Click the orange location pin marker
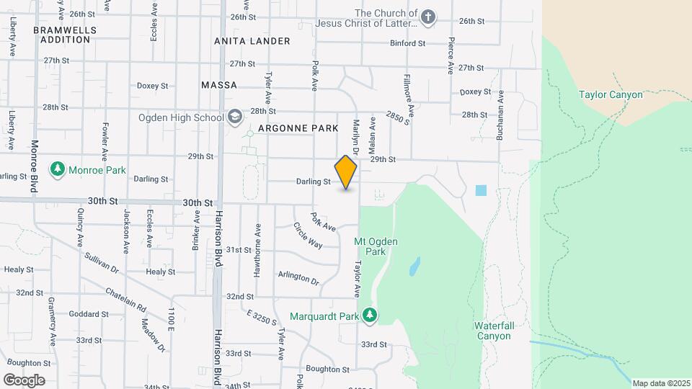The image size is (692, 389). point(346,172)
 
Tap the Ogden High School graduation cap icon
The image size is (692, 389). point(234,117)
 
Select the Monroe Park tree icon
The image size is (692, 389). point(57,169)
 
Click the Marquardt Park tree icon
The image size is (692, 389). point(370,314)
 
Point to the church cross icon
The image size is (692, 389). point(428,17)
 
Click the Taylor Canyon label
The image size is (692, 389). point(610,94)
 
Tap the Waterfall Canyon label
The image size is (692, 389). point(494,331)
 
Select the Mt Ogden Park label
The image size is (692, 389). point(371,246)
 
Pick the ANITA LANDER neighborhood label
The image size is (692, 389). point(252,41)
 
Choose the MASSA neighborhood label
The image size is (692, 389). point(219,85)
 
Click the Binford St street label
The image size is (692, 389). point(408,43)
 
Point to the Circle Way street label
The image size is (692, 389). point(308,235)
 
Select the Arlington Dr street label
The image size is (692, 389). point(298,277)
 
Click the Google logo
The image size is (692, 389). point(24,380)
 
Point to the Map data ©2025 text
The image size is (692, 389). point(661,383)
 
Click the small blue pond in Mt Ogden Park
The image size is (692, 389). point(414,268)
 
